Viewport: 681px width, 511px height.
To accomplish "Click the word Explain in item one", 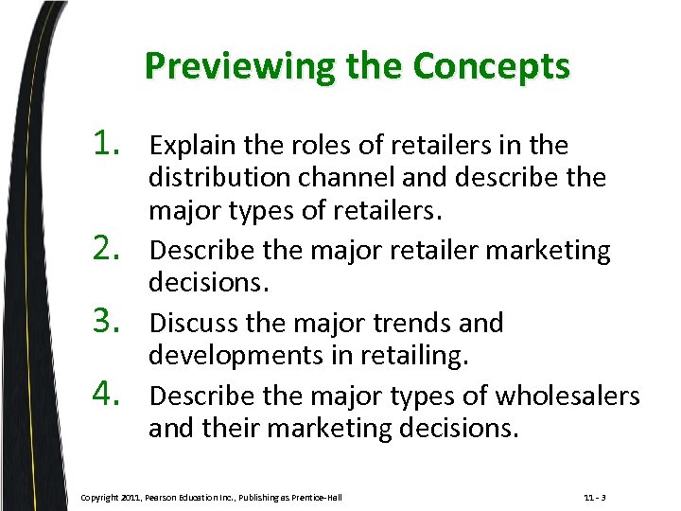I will pyautogui.click(x=189, y=146).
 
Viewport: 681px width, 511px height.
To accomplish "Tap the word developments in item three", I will pyautogui.click(x=226, y=357).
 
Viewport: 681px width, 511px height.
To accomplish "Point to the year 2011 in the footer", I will pyautogui.click(x=133, y=497).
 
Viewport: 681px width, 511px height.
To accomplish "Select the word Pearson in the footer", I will pyautogui.click(x=168, y=497).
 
